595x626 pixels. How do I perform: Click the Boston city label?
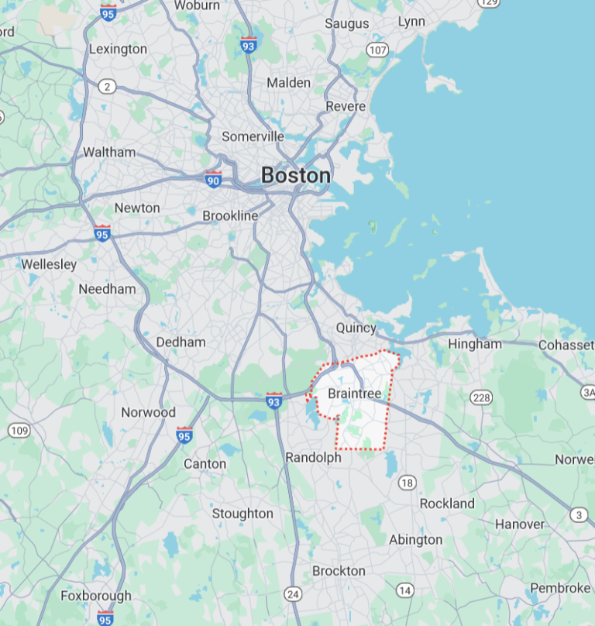coord(295,176)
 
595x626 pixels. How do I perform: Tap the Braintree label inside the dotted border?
coord(355,394)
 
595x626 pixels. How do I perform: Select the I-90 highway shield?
coord(213,180)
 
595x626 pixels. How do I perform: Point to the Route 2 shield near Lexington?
coord(108,85)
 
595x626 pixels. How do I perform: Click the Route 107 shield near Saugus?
coord(377,50)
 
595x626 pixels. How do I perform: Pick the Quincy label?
coord(356,328)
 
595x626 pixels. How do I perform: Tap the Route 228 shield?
coord(481,397)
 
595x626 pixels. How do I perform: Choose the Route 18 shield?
coord(408,483)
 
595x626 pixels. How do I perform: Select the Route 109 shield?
coord(19,430)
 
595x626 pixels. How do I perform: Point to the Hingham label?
coord(475,344)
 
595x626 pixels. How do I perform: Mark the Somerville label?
coord(253,136)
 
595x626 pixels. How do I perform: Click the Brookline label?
coord(230,215)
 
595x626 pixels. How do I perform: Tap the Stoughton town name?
coord(242,514)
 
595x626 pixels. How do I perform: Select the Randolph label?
coord(313,458)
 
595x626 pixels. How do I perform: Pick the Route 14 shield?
coord(404,590)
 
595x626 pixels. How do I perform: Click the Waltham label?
coord(109,152)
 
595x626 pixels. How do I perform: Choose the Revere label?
coord(345,106)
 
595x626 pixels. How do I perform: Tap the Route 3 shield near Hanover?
coord(579,515)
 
